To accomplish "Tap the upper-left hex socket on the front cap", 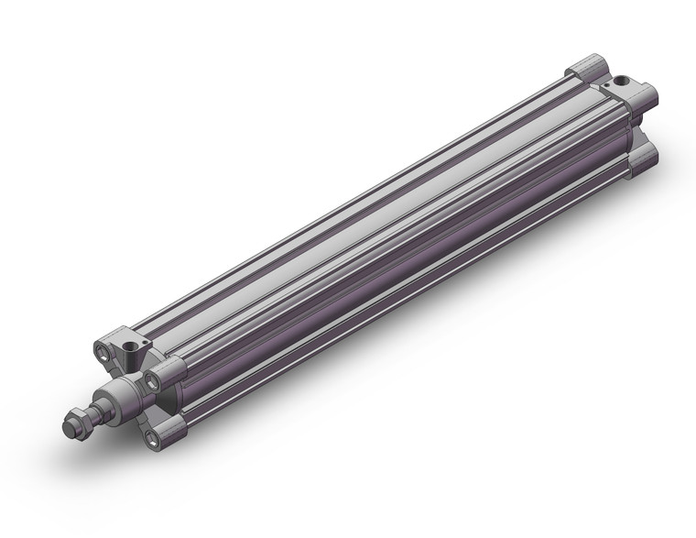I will pos(100,349).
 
